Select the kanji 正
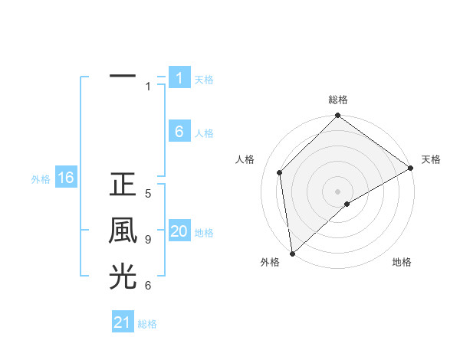(123, 185)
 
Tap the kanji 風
(123, 231)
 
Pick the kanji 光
(123, 277)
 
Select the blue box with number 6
(179, 132)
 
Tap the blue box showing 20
(179, 231)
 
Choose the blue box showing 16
(65, 178)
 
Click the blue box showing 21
(123, 322)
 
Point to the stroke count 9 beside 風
(148, 240)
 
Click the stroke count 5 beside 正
(148, 194)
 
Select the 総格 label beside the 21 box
(147, 324)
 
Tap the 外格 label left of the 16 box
(41, 179)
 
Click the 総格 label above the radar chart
(337, 100)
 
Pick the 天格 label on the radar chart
(431, 159)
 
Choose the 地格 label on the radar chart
(402, 262)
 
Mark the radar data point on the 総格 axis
(337, 116)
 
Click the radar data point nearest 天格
(410, 169)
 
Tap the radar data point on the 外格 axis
(292, 253)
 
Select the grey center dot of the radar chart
(337, 191)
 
